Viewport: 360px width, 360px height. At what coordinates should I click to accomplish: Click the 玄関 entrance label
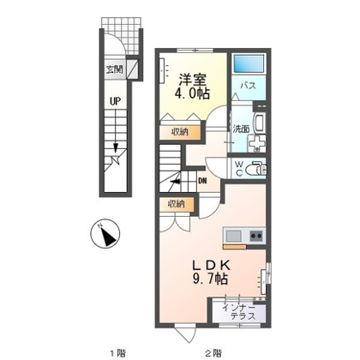114,69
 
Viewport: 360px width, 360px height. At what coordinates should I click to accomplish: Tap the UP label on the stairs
115,101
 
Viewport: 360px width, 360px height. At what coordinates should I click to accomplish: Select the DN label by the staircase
202,181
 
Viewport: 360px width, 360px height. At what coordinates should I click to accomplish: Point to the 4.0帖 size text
192,93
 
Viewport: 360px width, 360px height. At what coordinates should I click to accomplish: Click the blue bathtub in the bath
249,63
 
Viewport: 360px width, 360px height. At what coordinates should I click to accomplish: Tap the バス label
248,86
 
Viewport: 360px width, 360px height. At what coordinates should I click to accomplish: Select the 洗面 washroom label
241,129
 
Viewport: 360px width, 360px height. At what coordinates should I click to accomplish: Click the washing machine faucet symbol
257,143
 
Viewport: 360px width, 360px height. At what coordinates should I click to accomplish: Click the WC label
239,169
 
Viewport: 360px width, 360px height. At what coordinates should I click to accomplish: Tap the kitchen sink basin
233,236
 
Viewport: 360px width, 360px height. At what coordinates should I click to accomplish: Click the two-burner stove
256,236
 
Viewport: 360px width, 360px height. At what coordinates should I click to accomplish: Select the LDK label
211,266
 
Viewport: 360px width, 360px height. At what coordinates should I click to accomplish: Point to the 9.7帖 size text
211,279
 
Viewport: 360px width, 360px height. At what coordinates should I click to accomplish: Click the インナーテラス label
239,312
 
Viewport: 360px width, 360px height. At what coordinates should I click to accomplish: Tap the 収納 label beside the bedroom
180,132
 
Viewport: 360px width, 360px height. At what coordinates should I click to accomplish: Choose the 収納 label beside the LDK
177,204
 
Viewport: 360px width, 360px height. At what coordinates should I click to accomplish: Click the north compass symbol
105,233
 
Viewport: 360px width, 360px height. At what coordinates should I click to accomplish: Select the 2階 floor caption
213,352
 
